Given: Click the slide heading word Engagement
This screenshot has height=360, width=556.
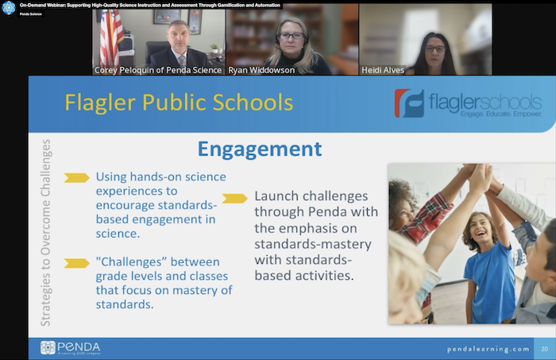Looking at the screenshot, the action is (260, 149).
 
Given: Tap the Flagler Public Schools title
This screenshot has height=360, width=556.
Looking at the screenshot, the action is (179, 103).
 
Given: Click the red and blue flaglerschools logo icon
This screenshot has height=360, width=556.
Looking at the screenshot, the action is (409, 103).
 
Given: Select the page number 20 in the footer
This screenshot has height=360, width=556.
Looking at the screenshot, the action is (545, 349).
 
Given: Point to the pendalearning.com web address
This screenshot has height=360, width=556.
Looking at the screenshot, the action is (488, 350).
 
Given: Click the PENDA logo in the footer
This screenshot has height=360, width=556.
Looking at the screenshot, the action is (70, 347).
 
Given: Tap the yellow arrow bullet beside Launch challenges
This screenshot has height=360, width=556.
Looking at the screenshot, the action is (235, 198).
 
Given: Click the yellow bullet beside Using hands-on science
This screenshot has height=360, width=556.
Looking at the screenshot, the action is (76, 178).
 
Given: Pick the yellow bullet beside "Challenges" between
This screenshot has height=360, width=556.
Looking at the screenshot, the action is (76, 263).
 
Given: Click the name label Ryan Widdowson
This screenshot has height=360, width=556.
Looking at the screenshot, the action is (261, 70).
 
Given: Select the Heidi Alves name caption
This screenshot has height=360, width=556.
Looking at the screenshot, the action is (383, 70).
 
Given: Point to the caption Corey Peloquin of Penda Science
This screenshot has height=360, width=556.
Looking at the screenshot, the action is (158, 70).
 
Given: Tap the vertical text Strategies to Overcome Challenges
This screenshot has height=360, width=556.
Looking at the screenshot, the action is (46, 233).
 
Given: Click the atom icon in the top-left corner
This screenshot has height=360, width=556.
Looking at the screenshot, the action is (9, 8).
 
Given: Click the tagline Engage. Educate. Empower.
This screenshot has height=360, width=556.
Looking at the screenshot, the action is (501, 114).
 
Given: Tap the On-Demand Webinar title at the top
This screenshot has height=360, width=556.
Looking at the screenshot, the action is (150, 6).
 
